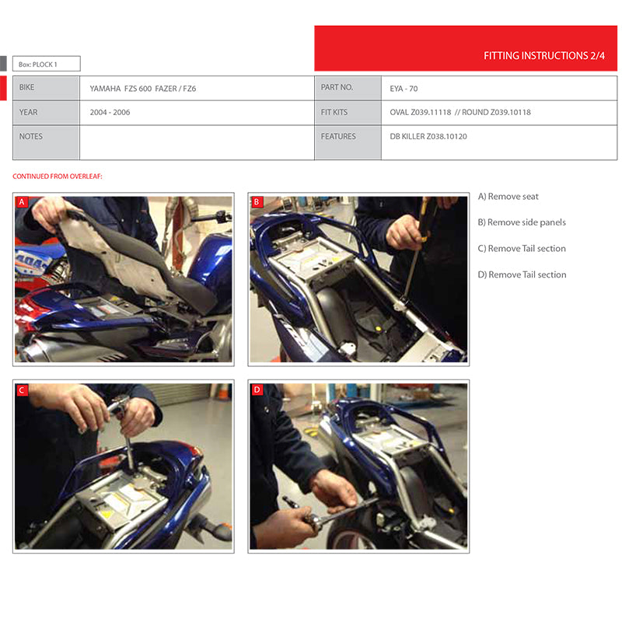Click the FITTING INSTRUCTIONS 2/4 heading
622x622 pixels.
tap(543, 55)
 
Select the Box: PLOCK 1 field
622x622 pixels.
tap(47, 64)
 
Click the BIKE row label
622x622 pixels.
tap(26, 87)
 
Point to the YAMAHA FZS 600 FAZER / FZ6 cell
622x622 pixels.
tap(143, 89)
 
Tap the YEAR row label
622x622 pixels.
tap(28, 112)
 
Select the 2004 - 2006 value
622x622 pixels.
tap(110, 112)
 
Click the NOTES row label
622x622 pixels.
tap(30, 137)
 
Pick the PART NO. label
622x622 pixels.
tap(337, 87)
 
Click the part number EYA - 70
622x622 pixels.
tap(404, 89)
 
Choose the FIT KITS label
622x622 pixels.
tap(334, 112)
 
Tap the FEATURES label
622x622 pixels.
tap(338, 137)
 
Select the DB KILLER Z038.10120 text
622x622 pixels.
tap(428, 137)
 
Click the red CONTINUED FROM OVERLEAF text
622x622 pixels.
tap(58, 176)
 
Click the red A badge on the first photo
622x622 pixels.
tap(22, 202)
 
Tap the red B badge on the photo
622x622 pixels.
tap(257, 202)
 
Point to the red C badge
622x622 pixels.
tap(22, 390)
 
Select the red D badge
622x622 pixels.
tap(257, 390)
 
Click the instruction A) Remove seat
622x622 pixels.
tap(508, 197)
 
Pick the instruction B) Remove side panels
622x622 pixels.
tap(522, 222)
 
